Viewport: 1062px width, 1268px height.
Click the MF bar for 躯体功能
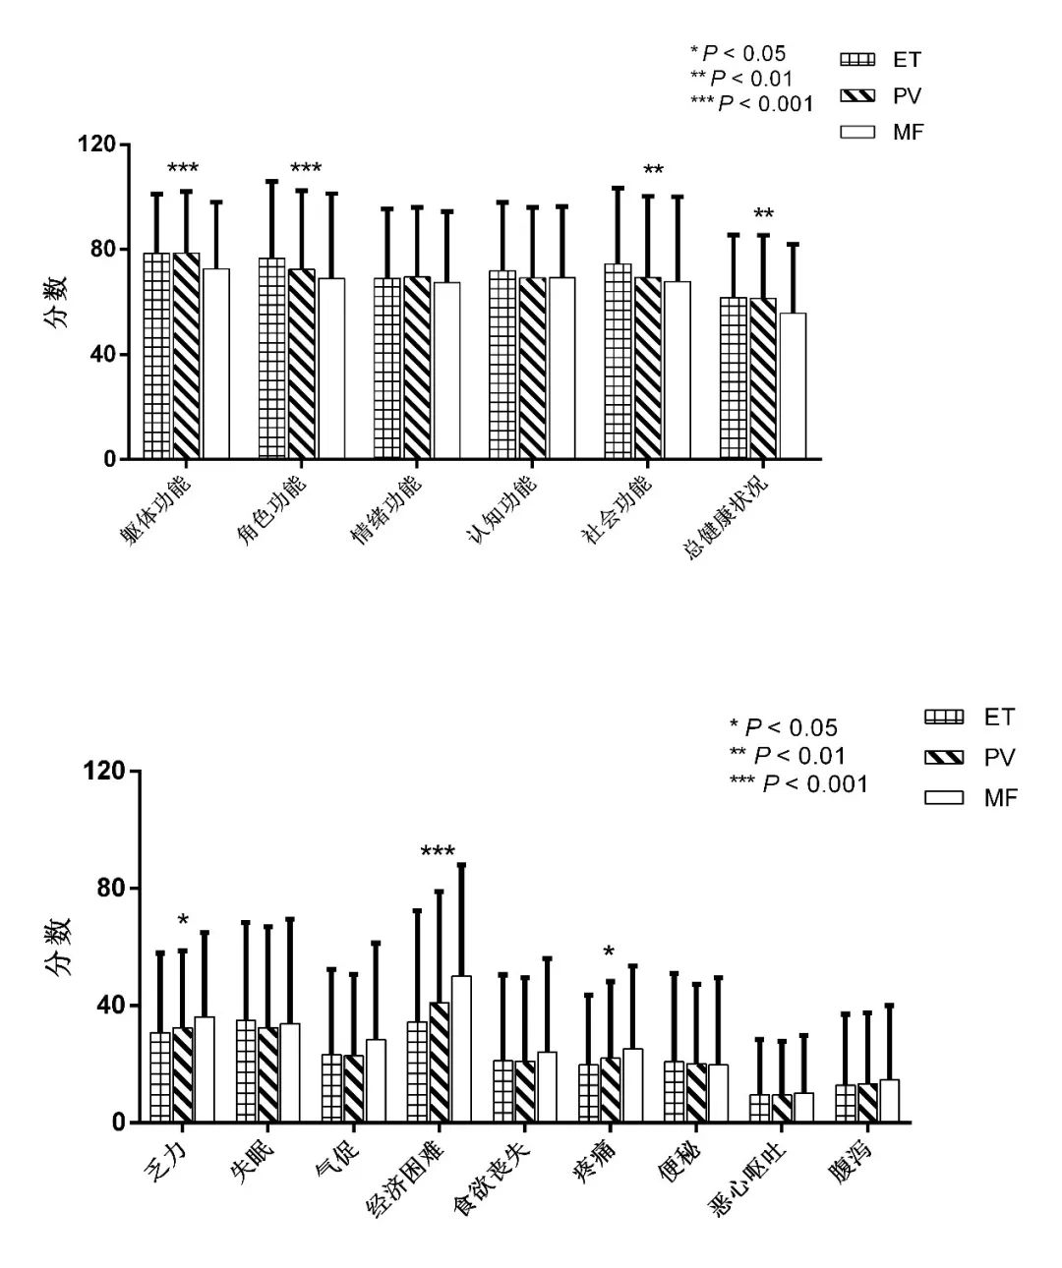coord(215,364)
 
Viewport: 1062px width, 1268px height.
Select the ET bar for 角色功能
coord(272,359)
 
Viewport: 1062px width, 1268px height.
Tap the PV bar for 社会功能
coord(648,369)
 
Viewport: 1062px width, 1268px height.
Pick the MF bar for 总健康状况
coord(793,386)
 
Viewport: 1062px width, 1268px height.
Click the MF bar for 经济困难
coord(461,1049)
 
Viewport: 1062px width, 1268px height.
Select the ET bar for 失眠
coord(245,1071)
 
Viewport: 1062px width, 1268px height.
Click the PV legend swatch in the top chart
coord(857,95)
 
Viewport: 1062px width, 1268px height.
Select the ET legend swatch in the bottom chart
coord(943,718)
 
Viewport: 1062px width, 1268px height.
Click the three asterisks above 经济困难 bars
coord(438,852)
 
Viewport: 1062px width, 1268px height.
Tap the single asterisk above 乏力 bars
coord(183,921)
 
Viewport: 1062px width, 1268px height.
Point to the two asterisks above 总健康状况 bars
coord(763,214)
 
